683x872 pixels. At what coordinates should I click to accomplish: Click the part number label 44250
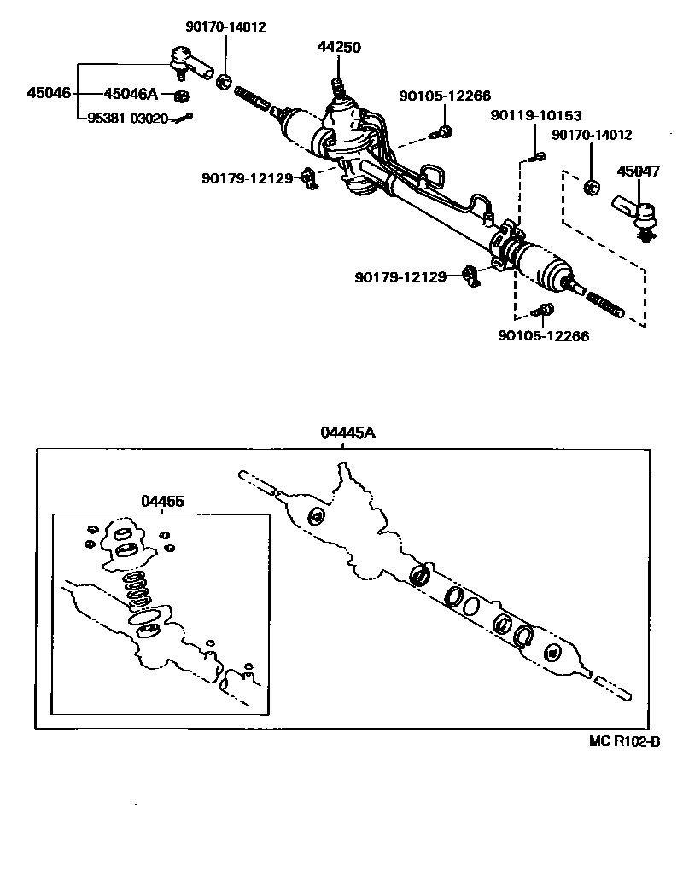pos(338,48)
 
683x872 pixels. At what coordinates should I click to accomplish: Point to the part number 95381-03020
pos(127,119)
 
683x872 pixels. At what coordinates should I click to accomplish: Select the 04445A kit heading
pos(347,433)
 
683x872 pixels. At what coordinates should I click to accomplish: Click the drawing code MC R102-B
pos(625,741)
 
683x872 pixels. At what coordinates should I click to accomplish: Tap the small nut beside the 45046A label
pos(181,95)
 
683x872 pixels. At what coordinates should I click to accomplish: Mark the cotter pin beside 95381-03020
pos(183,118)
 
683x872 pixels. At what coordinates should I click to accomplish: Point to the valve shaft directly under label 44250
pos(338,86)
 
